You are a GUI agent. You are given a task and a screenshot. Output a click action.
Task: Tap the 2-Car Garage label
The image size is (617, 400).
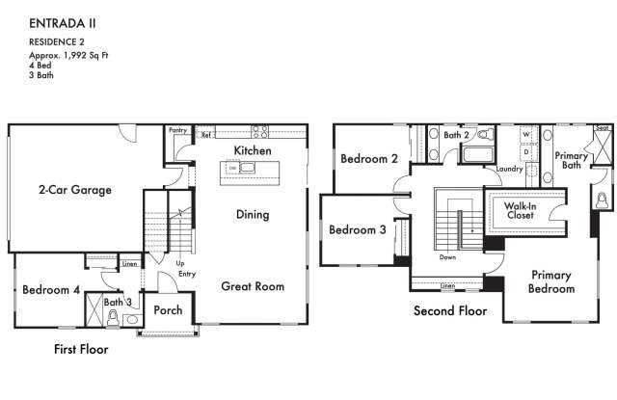75,190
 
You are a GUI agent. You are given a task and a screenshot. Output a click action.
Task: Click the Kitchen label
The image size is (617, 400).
253,150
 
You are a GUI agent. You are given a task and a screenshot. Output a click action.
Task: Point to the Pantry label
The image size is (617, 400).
177,129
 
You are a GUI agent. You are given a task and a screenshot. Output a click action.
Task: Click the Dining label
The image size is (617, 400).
253,214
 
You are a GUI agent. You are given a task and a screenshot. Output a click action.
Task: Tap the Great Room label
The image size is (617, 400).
253,285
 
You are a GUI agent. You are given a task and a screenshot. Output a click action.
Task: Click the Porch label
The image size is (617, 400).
169,310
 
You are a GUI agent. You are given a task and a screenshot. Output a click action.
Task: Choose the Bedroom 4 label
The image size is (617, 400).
51,290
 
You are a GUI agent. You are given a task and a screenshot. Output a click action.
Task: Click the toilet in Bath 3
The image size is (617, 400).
113,317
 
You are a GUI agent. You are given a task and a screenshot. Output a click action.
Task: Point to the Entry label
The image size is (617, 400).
187,274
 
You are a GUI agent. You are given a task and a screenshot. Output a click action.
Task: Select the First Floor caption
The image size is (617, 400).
81,349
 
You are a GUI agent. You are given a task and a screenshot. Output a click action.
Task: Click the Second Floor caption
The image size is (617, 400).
450,310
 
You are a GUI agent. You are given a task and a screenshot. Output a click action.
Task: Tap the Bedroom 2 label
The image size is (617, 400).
368,159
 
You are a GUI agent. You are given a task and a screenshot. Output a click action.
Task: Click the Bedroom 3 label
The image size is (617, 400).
357,229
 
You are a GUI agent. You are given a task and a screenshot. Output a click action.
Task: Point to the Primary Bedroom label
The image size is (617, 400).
551,281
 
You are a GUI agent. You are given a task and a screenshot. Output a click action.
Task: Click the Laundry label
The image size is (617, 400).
509,169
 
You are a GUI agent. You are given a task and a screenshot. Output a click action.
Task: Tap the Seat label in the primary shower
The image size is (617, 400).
602,128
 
